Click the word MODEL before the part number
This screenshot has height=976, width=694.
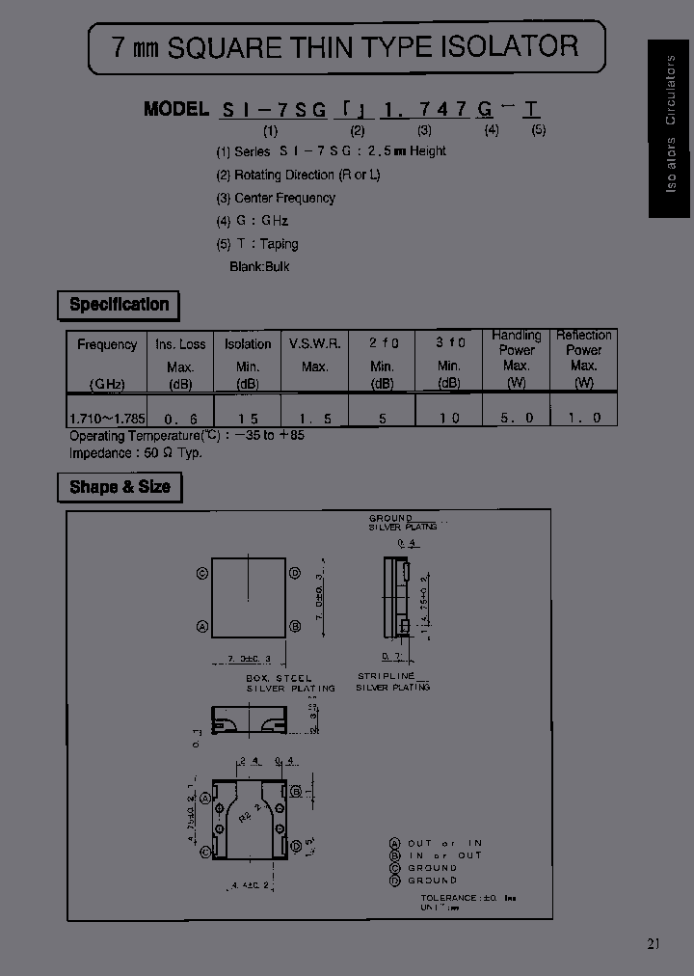click(x=175, y=108)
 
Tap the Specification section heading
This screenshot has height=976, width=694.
click(x=119, y=305)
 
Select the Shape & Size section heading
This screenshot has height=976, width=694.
click(x=120, y=487)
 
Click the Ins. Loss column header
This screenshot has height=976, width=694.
click(x=180, y=344)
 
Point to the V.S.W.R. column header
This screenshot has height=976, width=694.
click(x=314, y=344)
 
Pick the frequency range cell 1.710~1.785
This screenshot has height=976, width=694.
click(x=107, y=418)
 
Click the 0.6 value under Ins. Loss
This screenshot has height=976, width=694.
click(x=180, y=419)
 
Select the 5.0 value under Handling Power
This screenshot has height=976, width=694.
click(x=517, y=418)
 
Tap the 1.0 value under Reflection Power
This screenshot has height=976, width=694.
click(x=584, y=418)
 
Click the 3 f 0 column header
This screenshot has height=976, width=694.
click(x=449, y=343)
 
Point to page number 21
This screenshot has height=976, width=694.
click(x=654, y=943)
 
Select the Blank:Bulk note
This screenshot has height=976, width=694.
click(x=259, y=266)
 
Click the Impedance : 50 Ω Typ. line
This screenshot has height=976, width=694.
click(x=135, y=452)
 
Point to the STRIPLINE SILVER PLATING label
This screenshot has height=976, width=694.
click(x=392, y=682)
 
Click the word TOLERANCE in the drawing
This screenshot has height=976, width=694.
click(x=448, y=897)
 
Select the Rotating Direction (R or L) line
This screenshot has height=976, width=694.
click(x=298, y=175)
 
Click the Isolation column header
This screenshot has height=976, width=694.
click(x=248, y=344)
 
